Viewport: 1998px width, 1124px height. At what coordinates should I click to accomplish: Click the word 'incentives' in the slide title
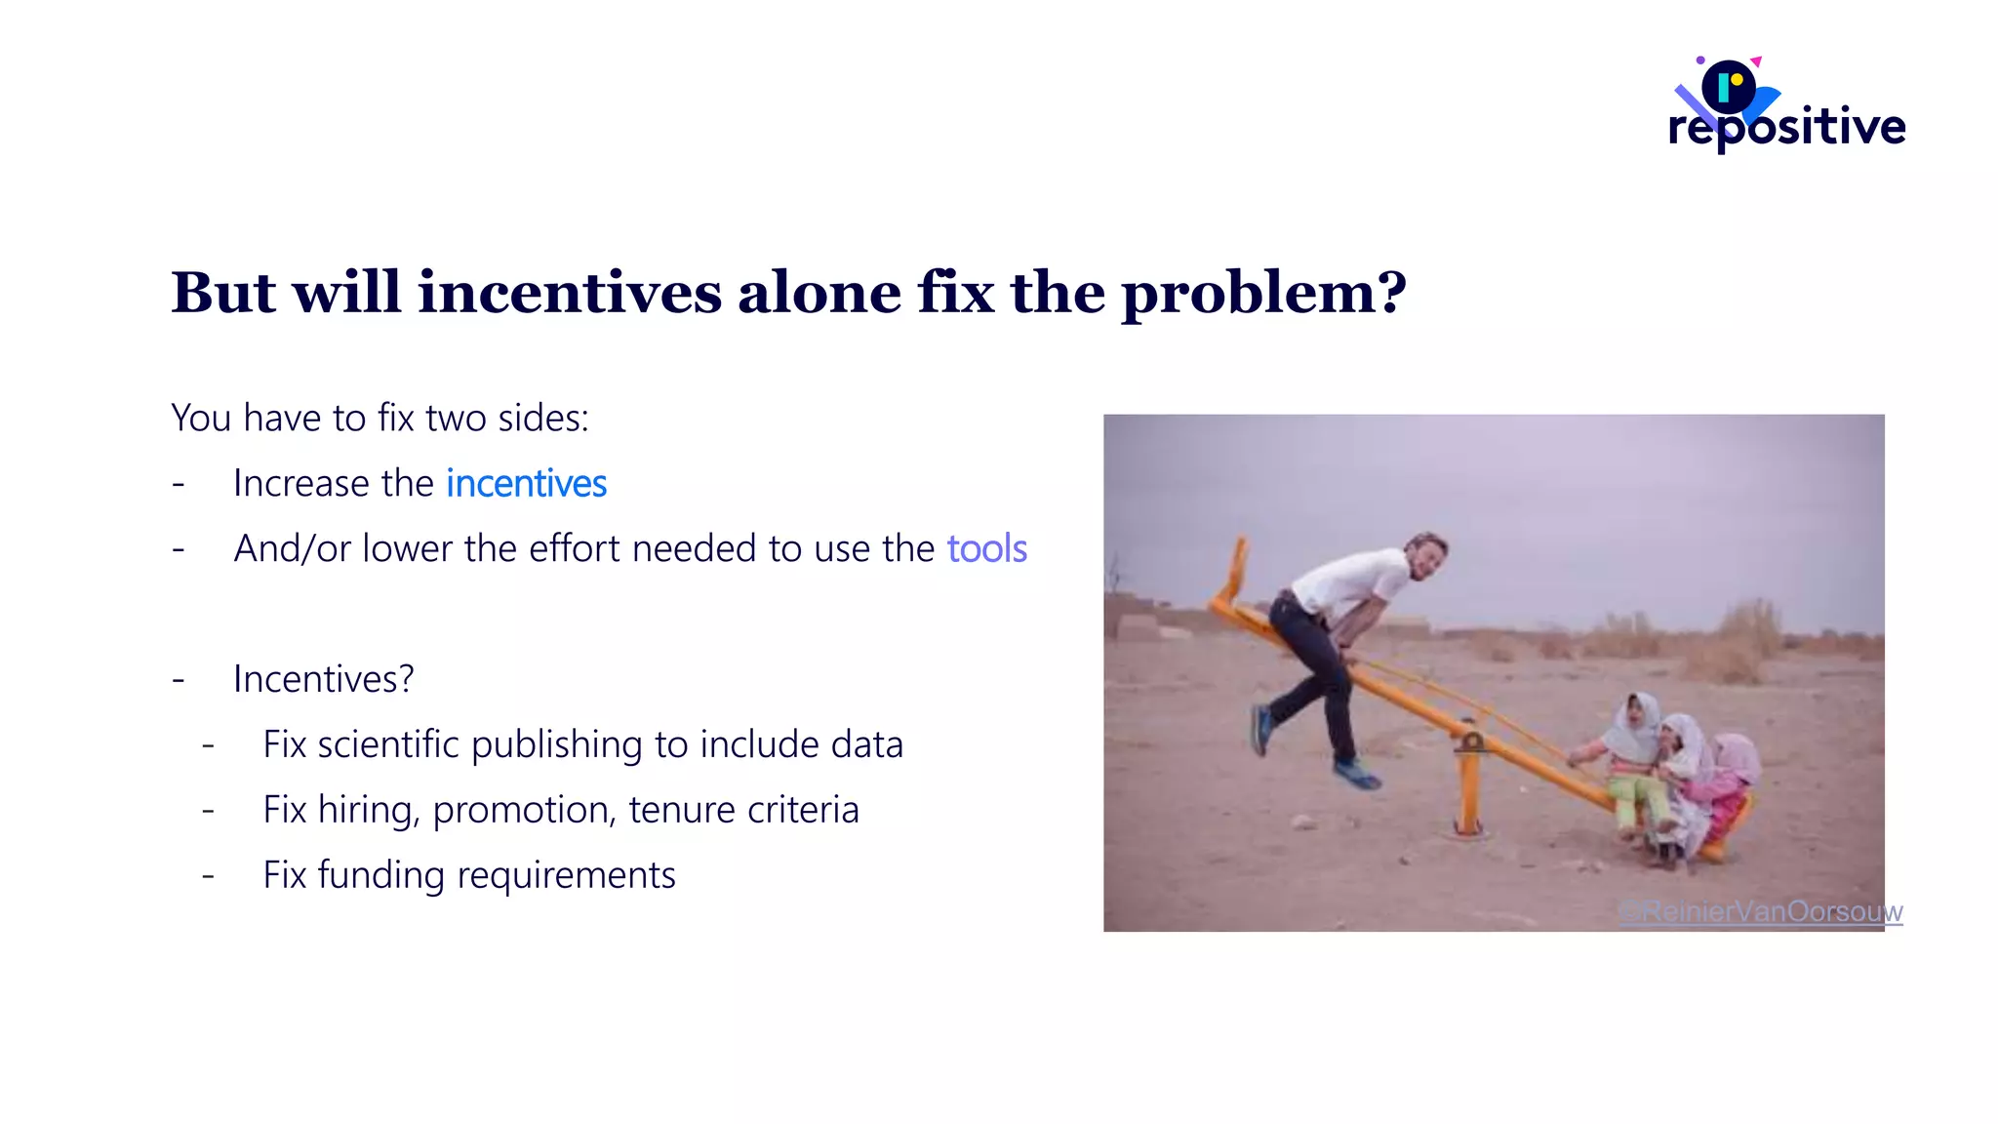pyautogui.click(x=570, y=292)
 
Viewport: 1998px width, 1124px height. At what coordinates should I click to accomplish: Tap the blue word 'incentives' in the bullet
pyautogui.click(x=526, y=484)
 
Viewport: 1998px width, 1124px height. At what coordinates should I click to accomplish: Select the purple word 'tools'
pyautogui.click(x=986, y=549)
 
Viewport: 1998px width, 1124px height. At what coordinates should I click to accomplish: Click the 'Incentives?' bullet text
pyautogui.click(x=323, y=679)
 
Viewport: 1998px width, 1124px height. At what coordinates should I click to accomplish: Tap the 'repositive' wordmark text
pyautogui.click(x=1786, y=127)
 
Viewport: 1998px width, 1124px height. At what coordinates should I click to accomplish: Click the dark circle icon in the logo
pyautogui.click(x=1728, y=87)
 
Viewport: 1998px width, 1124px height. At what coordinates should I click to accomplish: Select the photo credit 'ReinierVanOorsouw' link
pyautogui.click(x=1761, y=911)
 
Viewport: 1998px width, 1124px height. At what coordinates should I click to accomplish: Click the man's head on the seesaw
pyautogui.click(x=1426, y=554)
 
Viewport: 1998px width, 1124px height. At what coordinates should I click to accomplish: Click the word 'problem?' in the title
pyautogui.click(x=1263, y=294)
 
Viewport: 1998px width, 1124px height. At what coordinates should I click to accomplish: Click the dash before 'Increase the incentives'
pyautogui.click(x=179, y=484)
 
